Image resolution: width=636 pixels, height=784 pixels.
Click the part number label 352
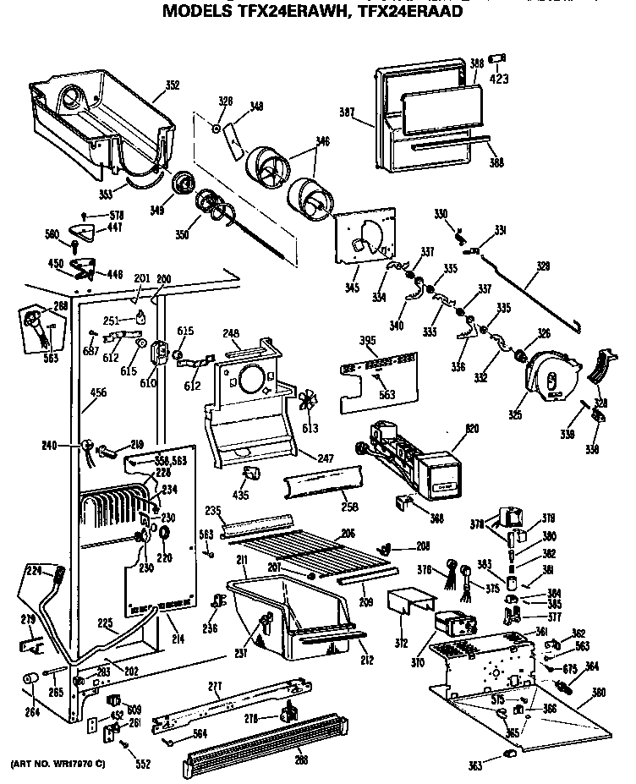(173, 85)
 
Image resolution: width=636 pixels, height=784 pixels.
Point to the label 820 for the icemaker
(461, 429)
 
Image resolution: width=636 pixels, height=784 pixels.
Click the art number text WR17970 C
(59, 765)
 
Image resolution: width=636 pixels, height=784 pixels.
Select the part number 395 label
(344, 341)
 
